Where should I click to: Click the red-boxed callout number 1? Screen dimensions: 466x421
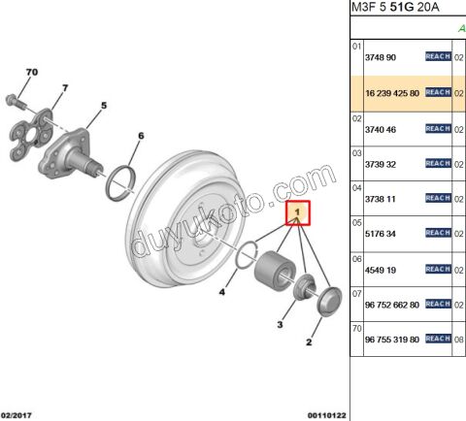click(x=298, y=212)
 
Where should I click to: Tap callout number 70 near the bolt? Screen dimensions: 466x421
click(x=32, y=72)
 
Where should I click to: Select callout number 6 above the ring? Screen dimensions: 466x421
click(x=141, y=136)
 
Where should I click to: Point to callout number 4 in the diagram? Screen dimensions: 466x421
click(x=221, y=292)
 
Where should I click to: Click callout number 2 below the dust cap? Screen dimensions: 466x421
click(x=309, y=342)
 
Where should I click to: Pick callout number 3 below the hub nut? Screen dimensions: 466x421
click(x=280, y=324)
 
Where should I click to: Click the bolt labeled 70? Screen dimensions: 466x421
click(x=15, y=101)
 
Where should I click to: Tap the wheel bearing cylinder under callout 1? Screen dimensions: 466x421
click(x=274, y=271)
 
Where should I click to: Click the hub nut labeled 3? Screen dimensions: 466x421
click(x=304, y=286)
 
